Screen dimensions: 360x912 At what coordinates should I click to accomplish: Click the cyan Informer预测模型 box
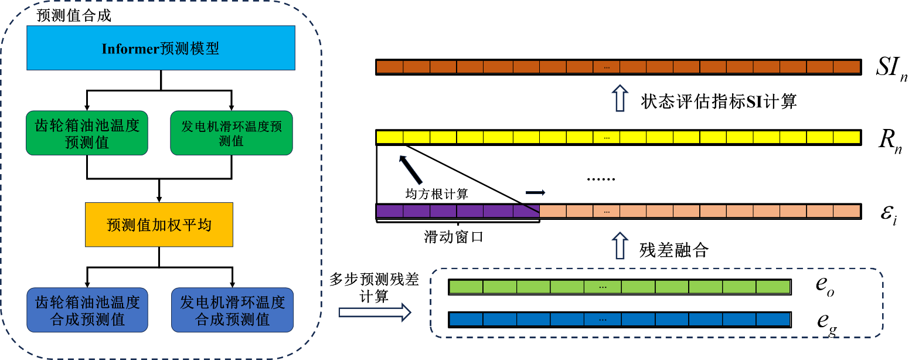point(161,47)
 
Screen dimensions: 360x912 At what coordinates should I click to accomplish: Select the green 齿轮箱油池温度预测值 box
point(87,133)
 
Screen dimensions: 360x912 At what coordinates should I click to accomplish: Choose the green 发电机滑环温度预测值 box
point(232,133)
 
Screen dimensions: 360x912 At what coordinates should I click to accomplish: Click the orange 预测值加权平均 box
point(159,225)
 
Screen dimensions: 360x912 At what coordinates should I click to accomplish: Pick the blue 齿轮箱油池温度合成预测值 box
point(87,310)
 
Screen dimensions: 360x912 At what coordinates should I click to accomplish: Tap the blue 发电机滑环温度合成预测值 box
point(232,310)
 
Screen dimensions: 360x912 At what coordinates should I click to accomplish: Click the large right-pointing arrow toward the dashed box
point(375,312)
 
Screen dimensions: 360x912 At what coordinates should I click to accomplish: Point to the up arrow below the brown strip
point(620,98)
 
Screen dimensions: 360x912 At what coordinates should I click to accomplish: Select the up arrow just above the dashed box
point(620,246)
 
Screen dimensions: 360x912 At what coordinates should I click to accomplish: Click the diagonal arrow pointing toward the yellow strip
point(410,170)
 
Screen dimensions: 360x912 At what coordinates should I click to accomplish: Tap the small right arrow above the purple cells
point(535,192)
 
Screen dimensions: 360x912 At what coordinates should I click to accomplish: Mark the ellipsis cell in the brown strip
point(607,67)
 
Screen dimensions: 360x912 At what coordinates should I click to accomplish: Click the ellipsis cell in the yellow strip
point(607,137)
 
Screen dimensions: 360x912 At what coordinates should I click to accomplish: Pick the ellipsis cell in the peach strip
point(607,211)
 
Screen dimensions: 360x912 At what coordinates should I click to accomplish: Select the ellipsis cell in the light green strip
point(603,287)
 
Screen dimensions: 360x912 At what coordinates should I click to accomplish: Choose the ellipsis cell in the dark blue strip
point(603,319)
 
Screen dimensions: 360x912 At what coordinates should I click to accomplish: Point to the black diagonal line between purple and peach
point(531,209)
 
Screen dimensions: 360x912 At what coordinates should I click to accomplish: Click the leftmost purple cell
point(390,211)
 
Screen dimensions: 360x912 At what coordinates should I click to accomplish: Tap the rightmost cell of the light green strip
point(773,287)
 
